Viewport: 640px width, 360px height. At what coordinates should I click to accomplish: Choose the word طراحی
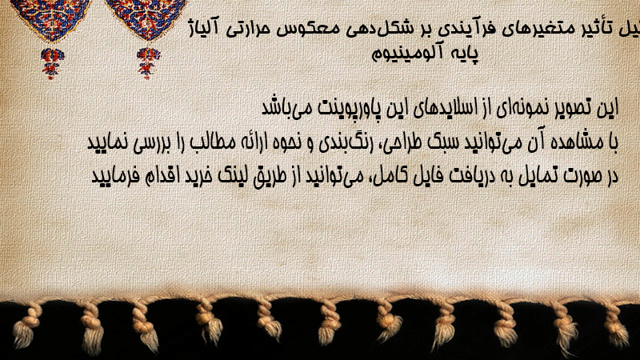[x=397, y=143]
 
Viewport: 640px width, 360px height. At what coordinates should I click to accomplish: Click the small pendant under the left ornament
[x=52, y=63]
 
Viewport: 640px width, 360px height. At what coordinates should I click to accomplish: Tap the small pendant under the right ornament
[x=148, y=63]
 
